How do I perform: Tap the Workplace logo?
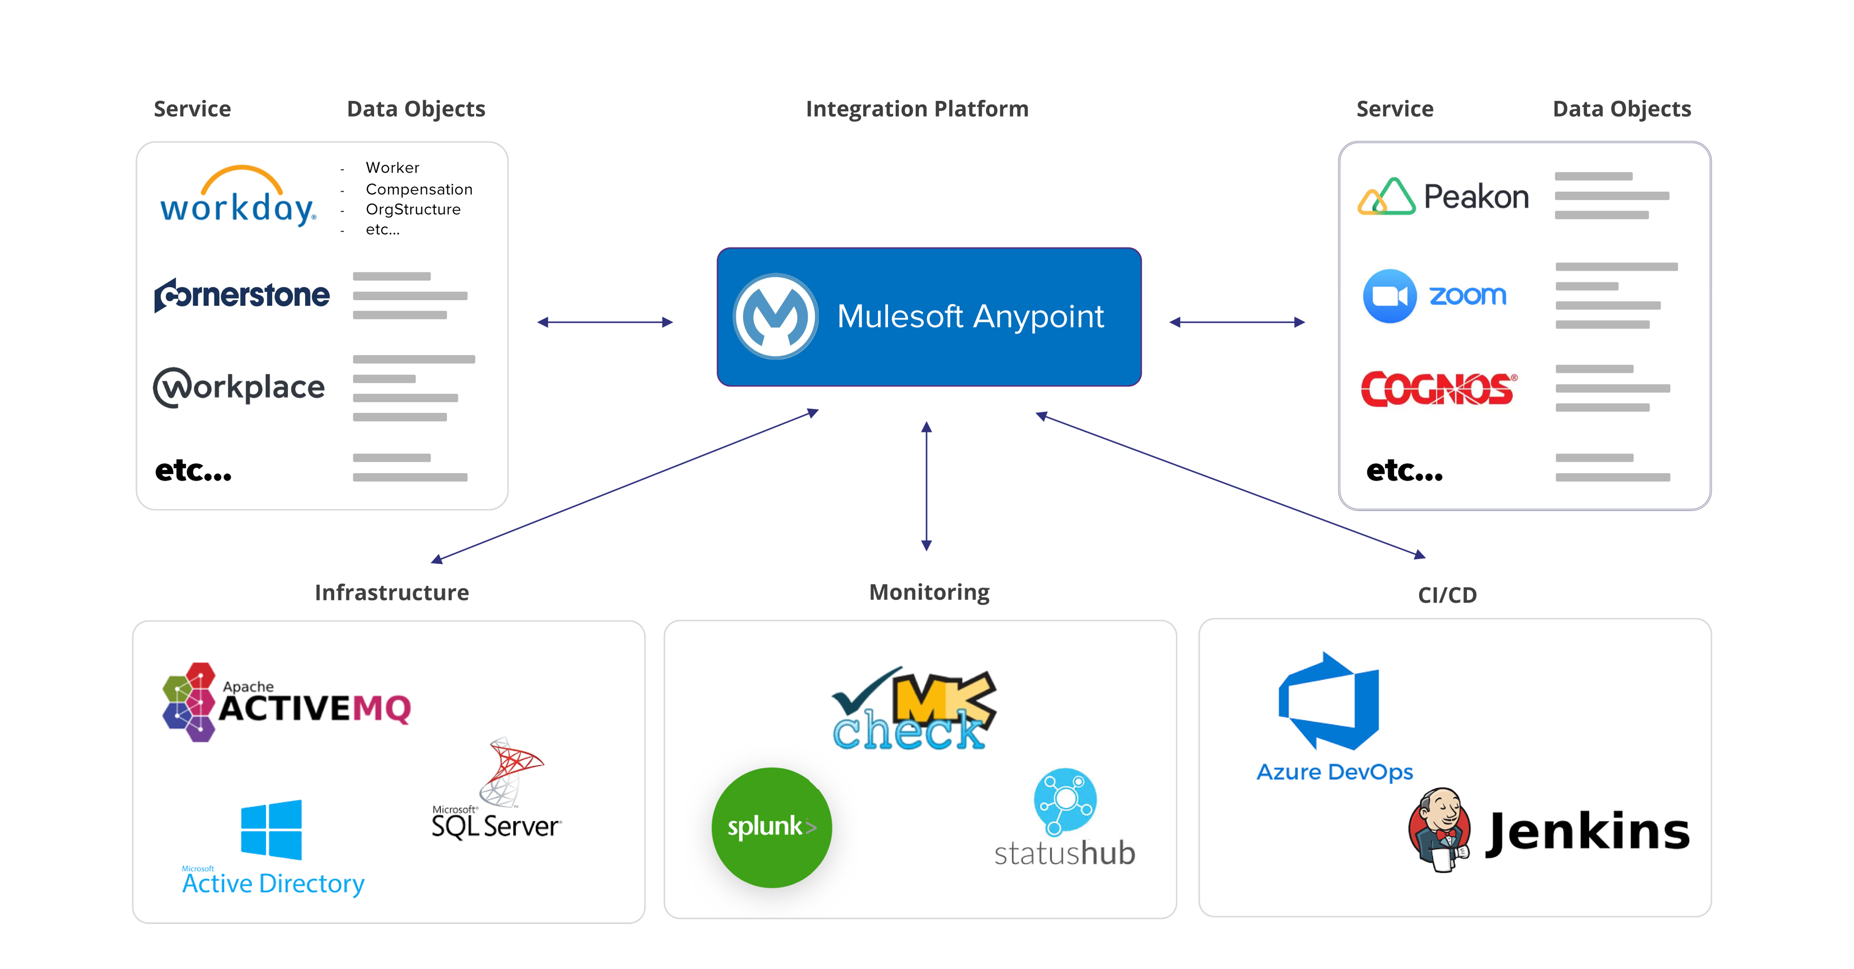pyautogui.click(x=239, y=387)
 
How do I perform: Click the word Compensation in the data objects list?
pyautogui.click(x=419, y=189)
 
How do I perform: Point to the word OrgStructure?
pyautogui.click(x=413, y=210)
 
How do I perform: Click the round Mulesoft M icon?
pyautogui.click(x=775, y=316)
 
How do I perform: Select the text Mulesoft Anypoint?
pyautogui.click(x=970, y=317)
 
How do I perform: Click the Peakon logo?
pyautogui.click(x=1443, y=197)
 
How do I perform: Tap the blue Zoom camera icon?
pyautogui.click(x=1389, y=296)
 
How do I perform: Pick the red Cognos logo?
pyautogui.click(x=1438, y=389)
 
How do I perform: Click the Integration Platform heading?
pyautogui.click(x=917, y=108)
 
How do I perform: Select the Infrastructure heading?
pyautogui.click(x=392, y=593)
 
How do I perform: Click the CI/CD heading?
pyautogui.click(x=1447, y=595)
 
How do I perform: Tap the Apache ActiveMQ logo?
pyautogui.click(x=286, y=702)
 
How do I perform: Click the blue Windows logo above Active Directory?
pyautogui.click(x=271, y=829)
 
